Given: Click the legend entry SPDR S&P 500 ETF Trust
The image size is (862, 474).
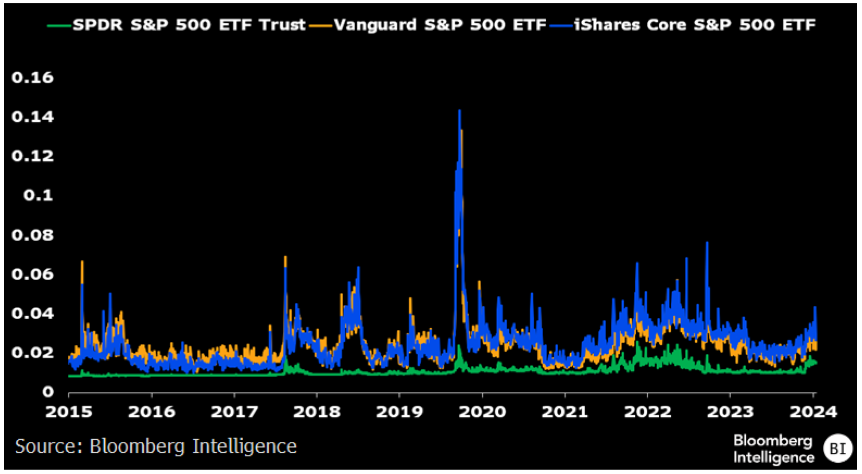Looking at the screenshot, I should (189, 25).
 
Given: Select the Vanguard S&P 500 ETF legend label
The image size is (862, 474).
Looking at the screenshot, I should (440, 25).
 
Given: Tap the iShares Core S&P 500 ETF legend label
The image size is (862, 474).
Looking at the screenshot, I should (695, 25).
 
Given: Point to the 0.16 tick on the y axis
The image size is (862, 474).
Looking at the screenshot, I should (33, 78).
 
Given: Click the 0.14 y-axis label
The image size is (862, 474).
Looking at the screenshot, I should (33, 117).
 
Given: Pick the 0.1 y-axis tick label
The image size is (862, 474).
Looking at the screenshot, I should (38, 195).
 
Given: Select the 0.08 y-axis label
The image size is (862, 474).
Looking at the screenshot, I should (33, 235).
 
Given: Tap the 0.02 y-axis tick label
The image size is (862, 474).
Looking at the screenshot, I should (33, 352).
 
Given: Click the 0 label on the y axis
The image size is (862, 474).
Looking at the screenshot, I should (48, 391).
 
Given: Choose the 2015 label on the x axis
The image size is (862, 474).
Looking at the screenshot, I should (69, 411).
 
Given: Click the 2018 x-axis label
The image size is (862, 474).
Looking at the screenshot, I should (317, 411).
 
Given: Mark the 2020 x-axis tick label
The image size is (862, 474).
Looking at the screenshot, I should (483, 411).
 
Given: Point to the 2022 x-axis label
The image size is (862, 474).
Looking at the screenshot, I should (648, 411).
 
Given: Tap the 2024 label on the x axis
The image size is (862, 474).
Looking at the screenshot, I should (813, 411).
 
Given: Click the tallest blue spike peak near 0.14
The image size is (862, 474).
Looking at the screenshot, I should (460, 111).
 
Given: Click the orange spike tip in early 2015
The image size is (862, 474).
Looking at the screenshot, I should (82, 262).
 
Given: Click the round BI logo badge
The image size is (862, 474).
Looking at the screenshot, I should (838, 448).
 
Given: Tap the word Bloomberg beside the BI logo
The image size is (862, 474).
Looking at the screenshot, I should (772, 440).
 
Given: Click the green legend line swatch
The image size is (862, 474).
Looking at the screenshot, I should (59, 26).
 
